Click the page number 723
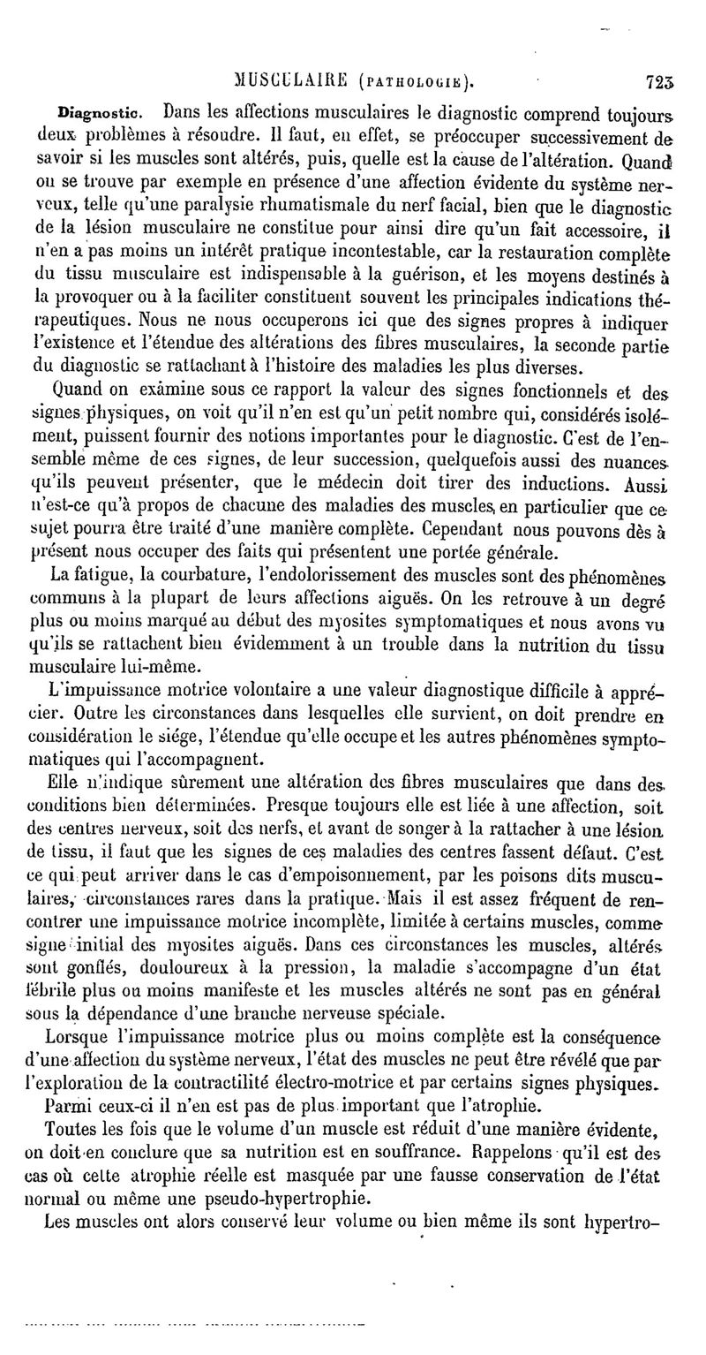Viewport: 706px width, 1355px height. (660, 85)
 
